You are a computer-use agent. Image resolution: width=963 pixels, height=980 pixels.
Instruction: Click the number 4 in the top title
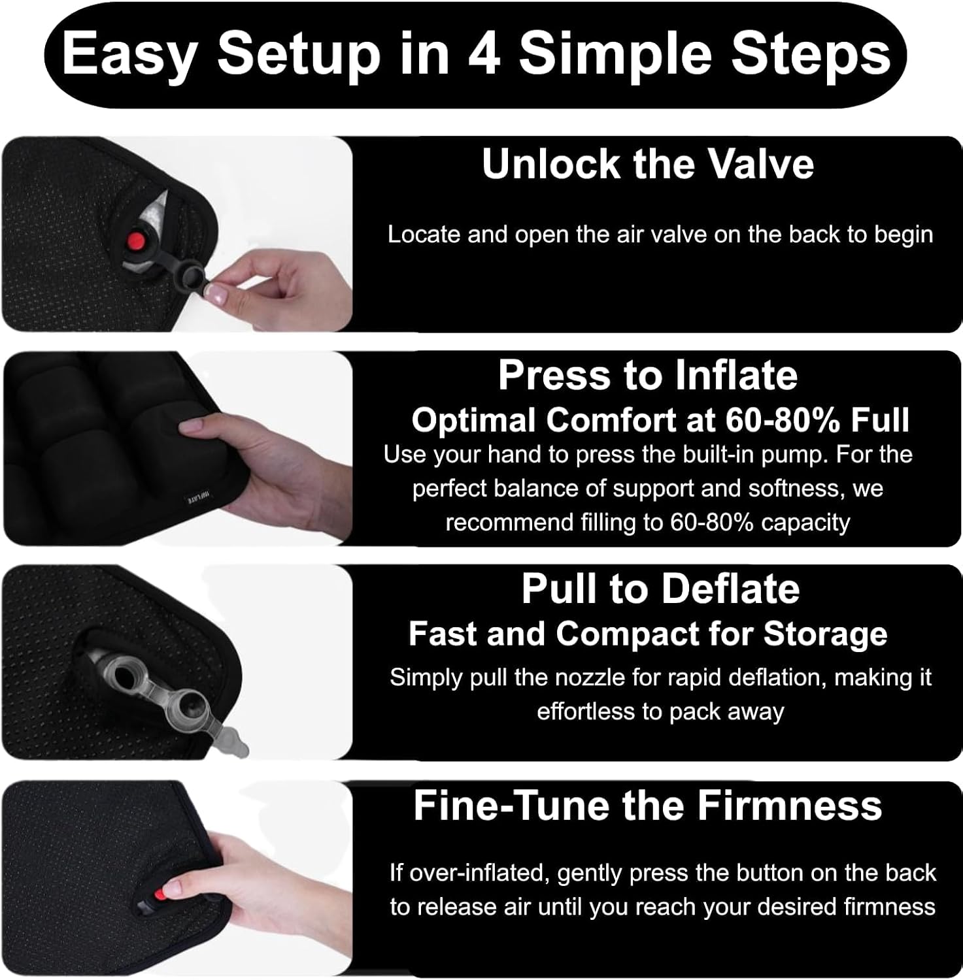pos(485,54)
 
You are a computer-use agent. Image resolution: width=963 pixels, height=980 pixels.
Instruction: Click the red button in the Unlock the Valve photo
pos(136,239)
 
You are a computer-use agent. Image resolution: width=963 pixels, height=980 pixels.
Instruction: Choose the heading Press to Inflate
pos(648,376)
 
